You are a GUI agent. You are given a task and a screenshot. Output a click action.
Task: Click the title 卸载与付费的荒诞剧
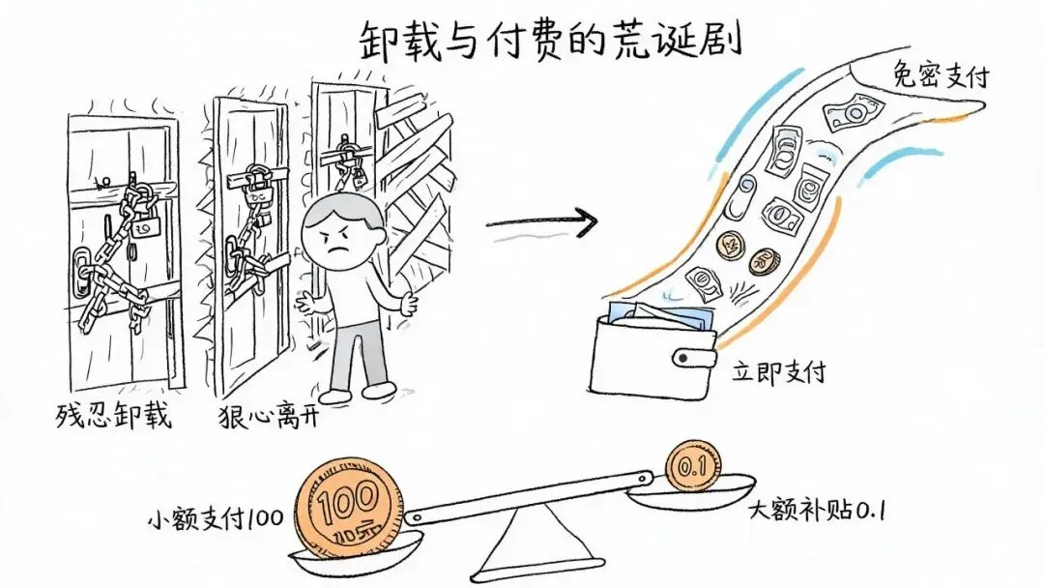tap(551, 41)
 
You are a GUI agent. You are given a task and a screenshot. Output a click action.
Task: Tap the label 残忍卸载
tap(113, 416)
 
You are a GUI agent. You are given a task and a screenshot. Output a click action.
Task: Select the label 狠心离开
tap(269, 416)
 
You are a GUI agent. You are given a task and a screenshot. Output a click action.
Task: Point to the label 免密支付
tap(941, 74)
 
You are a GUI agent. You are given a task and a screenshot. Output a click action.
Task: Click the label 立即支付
tap(779, 371)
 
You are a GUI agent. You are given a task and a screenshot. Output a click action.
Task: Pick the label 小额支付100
tap(216, 517)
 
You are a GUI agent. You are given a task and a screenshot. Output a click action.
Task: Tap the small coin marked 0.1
tap(694, 466)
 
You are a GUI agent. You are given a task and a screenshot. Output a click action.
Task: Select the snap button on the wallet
tap(683, 358)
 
